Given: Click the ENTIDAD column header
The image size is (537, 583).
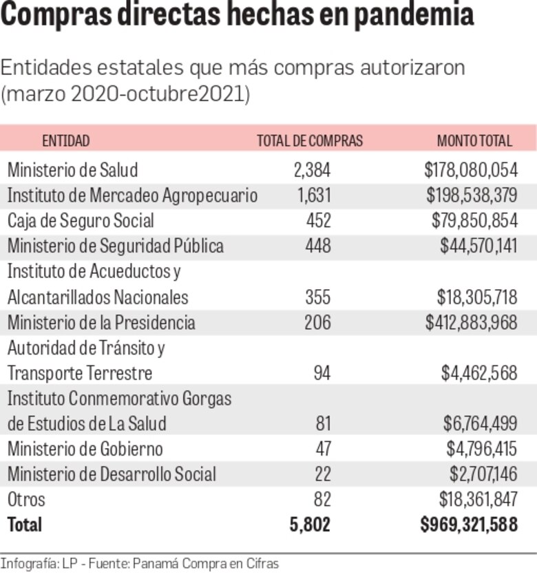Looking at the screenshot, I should (66, 141).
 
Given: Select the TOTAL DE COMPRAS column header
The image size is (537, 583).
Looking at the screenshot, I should (309, 141).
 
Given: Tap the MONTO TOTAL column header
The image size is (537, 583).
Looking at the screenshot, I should (474, 141).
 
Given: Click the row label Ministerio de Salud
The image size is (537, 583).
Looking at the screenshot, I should (72, 170).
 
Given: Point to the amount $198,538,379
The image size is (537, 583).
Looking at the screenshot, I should (472, 195).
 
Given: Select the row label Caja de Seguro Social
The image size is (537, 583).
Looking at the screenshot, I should (81, 221).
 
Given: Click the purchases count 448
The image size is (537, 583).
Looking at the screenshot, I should (318, 246).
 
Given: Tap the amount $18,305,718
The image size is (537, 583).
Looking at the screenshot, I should (477, 297).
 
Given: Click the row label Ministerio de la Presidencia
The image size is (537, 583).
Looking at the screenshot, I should (101, 323).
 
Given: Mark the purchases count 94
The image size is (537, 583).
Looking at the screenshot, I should (322, 374).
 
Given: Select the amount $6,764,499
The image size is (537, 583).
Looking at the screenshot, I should (480, 424).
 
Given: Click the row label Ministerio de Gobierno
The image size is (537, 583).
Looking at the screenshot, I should (85, 449).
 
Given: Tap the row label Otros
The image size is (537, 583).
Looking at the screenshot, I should (26, 499).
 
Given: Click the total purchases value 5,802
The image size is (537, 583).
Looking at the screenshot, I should (310, 524).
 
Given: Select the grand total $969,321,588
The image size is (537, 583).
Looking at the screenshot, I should (469, 524).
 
